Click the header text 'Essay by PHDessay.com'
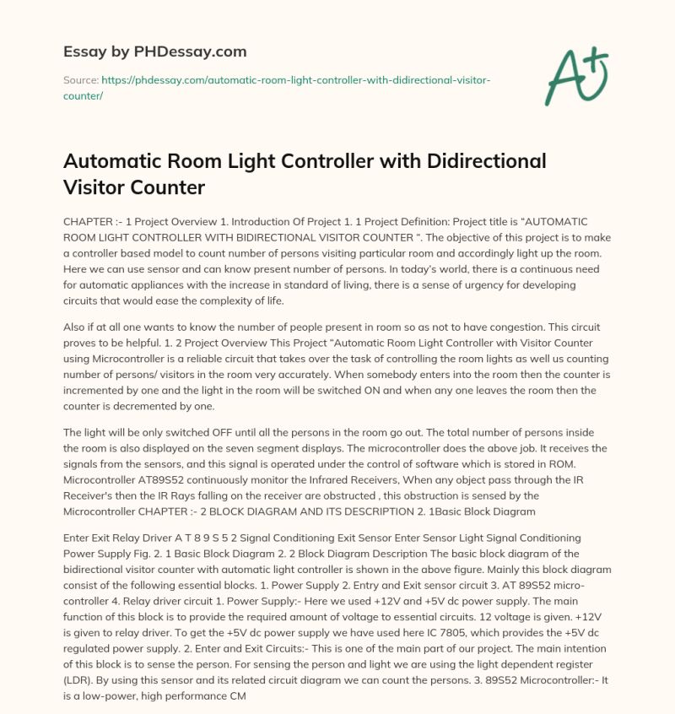[x=155, y=51]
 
